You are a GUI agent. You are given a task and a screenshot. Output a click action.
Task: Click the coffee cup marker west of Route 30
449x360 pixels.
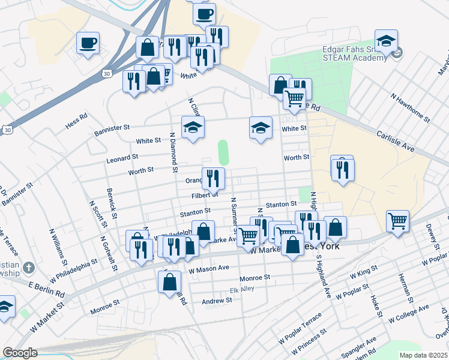point(88,43)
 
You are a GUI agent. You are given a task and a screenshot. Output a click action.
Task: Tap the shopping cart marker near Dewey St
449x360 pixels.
point(397,223)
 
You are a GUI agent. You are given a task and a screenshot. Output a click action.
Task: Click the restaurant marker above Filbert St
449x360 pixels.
point(213,178)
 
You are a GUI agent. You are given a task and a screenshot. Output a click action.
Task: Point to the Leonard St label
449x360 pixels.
point(122,158)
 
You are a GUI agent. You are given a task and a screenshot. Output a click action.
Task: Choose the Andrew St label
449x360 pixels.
point(217,301)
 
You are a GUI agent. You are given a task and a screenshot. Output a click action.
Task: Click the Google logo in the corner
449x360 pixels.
point(20,353)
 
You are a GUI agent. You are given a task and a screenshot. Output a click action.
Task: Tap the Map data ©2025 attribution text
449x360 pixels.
point(423,355)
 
